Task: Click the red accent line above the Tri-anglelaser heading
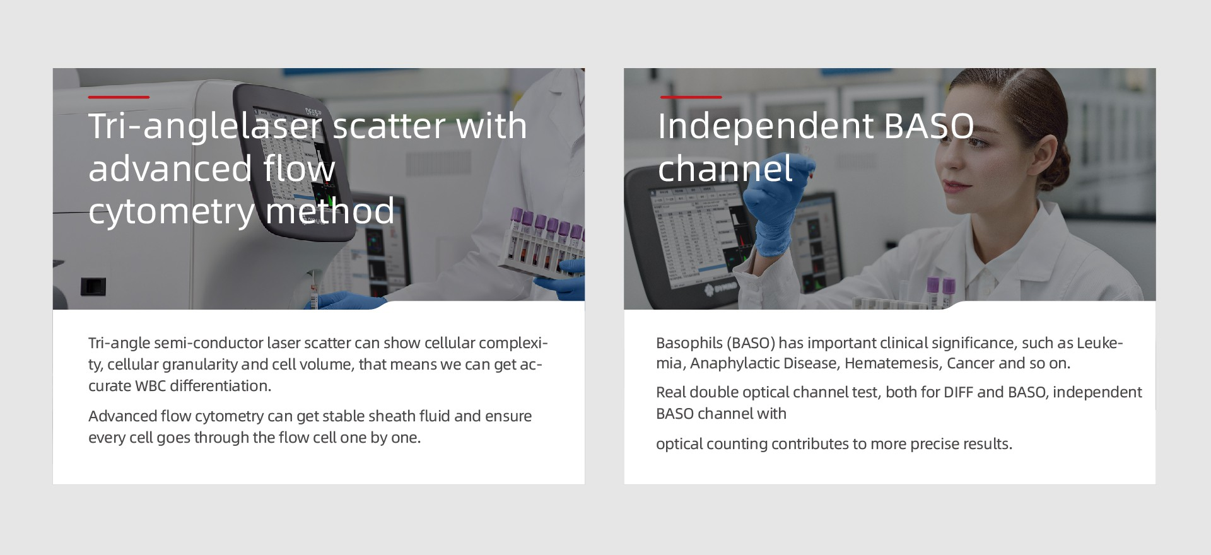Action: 119,97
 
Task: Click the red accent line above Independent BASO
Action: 691,97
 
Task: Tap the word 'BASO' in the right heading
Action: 929,126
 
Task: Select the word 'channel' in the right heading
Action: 725,168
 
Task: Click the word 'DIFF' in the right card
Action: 958,392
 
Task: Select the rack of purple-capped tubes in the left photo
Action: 542,246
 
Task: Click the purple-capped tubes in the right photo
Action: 940,292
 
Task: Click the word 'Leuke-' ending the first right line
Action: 1100,343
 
